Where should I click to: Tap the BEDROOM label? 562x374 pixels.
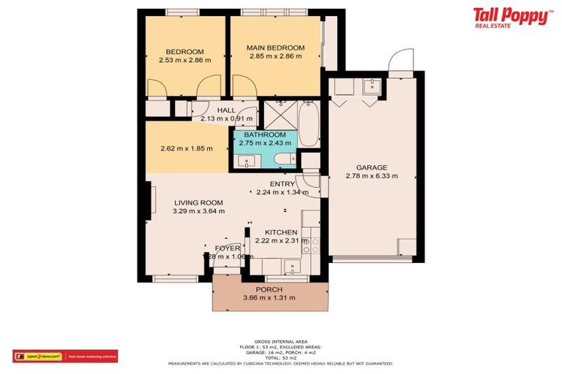click(x=184, y=51)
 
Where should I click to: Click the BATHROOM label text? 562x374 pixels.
click(x=265, y=134)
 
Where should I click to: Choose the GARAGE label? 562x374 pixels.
click(x=372, y=167)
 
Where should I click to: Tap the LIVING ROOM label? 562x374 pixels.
click(x=198, y=202)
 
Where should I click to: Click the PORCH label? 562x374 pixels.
click(x=270, y=289)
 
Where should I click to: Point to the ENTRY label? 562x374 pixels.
click(x=282, y=184)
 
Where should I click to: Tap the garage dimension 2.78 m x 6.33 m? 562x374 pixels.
click(x=372, y=176)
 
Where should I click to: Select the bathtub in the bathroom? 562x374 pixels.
click(x=309, y=124)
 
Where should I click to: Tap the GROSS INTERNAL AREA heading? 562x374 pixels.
click(x=280, y=342)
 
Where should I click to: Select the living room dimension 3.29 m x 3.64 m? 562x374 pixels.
click(x=198, y=211)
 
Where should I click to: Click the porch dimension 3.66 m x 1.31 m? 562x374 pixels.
click(x=270, y=297)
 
